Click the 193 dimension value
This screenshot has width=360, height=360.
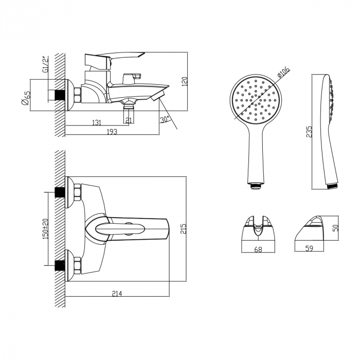(x=112, y=132)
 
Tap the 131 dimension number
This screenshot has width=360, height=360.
(x=96, y=122)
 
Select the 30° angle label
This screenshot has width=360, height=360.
(x=165, y=120)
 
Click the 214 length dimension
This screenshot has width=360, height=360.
(x=117, y=293)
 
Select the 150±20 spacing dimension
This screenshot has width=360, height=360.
(x=45, y=228)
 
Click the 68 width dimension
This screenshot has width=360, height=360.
(x=258, y=250)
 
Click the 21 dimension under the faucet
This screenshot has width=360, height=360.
(x=129, y=120)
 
